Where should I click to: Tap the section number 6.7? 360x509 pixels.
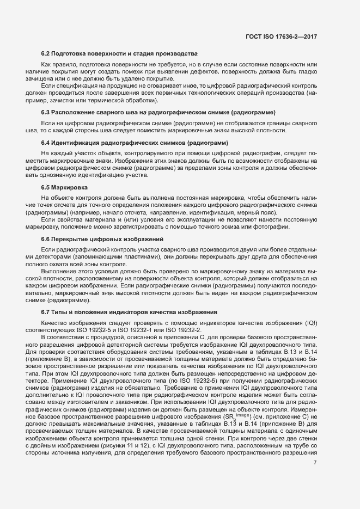46,312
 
